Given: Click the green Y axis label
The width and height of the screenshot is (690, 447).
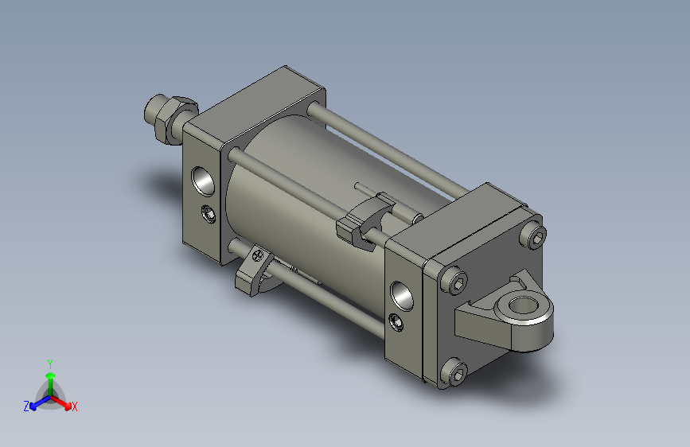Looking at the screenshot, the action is pos(50,364).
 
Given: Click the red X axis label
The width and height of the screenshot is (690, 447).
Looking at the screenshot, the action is pos(74,407).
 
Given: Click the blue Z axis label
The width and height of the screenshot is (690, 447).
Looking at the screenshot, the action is pos(26,406).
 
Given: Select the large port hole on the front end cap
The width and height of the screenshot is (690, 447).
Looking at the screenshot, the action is pos(203,181).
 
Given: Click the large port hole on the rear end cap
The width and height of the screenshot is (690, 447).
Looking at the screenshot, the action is pos(402,296).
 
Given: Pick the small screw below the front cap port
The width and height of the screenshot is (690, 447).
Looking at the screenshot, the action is pos(209,214).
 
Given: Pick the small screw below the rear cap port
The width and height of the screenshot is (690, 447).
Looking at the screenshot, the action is pos(396,322).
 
